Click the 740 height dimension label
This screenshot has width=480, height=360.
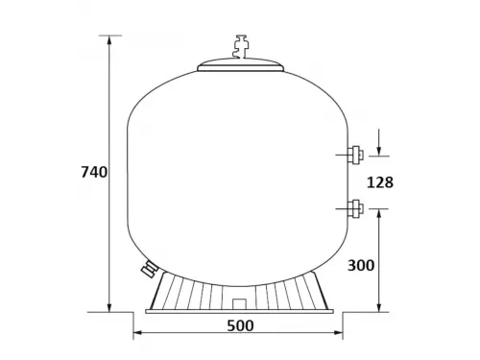coord(93,172)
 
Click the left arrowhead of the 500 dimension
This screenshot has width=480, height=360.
coord(135,333)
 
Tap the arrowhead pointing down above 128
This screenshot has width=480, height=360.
coord(380,148)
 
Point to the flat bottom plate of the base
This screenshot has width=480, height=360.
coord(240,310)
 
